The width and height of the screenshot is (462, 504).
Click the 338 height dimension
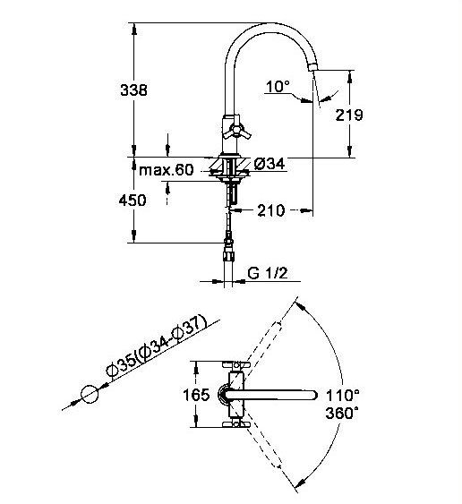(133, 90)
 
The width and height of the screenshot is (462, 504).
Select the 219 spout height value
(349, 115)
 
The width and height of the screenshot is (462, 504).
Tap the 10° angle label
(278, 86)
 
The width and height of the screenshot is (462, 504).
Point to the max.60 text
(167, 170)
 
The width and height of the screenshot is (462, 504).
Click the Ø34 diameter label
(269, 164)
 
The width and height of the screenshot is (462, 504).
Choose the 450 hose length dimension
(133, 201)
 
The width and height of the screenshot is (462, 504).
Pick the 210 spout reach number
(271, 210)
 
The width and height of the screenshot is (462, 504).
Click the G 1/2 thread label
(267, 273)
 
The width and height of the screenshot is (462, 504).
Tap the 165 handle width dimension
(196, 395)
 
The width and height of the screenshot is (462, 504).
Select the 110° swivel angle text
(343, 395)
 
